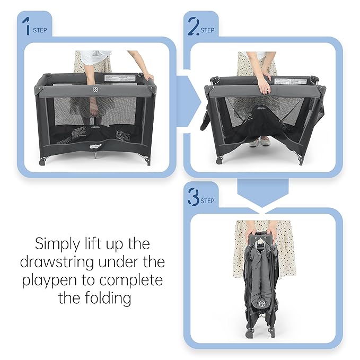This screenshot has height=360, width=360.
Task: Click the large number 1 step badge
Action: click(x=25, y=27)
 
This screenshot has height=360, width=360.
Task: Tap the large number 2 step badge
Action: click(x=193, y=26)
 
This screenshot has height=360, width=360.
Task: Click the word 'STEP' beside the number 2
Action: click(x=207, y=30)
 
